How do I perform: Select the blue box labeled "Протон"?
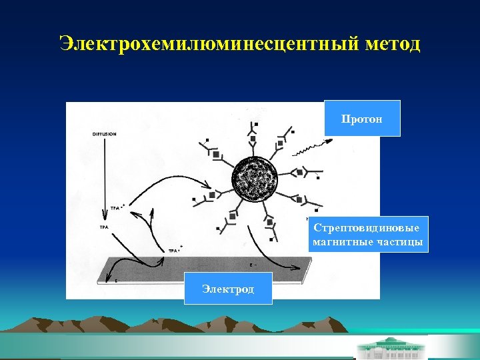(362, 119)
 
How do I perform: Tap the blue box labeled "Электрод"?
(228, 289)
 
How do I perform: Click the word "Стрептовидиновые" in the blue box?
(367, 228)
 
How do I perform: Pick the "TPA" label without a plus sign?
(104, 227)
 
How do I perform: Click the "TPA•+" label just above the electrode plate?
(175, 251)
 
